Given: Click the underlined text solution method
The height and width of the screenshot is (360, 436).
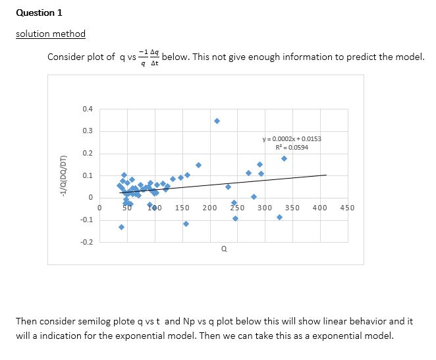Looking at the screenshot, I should pyautogui.click(x=50, y=34).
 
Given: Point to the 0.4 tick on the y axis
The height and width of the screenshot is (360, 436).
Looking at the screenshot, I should pyautogui.click(x=88, y=108).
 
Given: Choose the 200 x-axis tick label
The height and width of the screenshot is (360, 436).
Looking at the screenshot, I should pyautogui.click(x=210, y=208).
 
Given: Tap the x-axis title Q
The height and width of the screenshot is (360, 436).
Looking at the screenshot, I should pyautogui.click(x=224, y=249).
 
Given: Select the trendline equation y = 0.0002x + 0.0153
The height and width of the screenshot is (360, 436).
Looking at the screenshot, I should pyautogui.click(x=292, y=139).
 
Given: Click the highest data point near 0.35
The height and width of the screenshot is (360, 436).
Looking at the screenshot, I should pyautogui.click(x=217, y=121).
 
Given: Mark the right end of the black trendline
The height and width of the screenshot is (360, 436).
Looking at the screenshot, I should pyautogui.click(x=326, y=175).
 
